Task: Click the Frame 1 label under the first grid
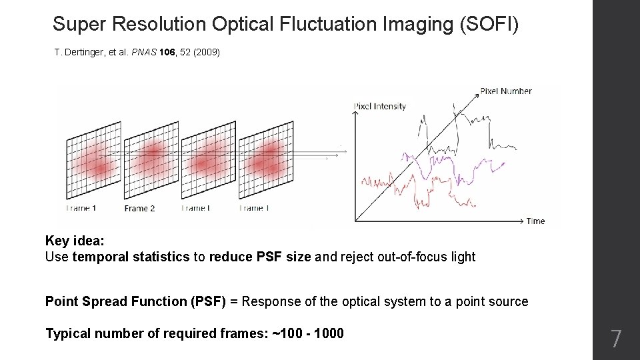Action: click(81, 208)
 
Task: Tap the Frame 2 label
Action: click(139, 208)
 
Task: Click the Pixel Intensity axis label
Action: click(379, 106)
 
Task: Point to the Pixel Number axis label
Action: click(506, 91)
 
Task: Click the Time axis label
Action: click(535, 221)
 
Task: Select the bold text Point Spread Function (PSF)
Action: click(135, 301)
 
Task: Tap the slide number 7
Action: click(616, 339)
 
